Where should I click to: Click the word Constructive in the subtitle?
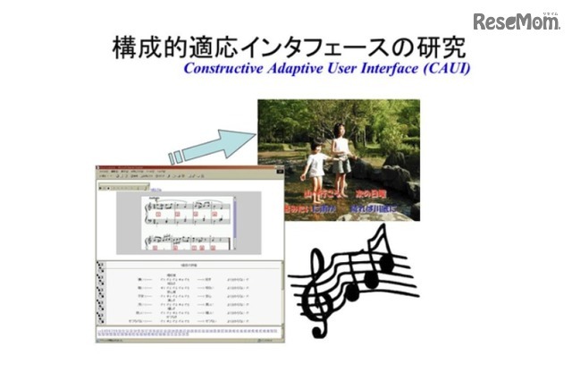226,68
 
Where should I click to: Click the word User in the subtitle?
344,68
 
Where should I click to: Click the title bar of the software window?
188,168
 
